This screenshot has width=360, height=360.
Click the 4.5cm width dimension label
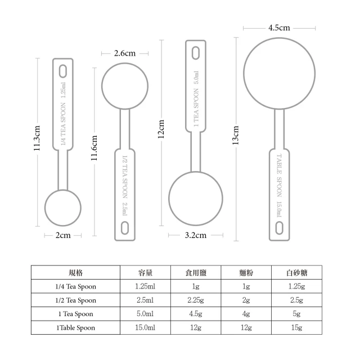coord(279,28)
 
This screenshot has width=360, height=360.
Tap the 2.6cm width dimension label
coord(125,53)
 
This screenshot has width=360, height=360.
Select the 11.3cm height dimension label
coord(37,138)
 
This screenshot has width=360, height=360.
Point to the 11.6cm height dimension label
coord(94,148)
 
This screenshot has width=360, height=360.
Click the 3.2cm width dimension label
coord(195,235)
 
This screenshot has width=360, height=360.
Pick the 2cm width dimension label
coord(63,235)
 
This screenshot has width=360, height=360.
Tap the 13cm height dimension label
coord(236,135)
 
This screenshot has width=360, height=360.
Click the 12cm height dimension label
coord(161,129)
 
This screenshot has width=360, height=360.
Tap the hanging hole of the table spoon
coord(279,228)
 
